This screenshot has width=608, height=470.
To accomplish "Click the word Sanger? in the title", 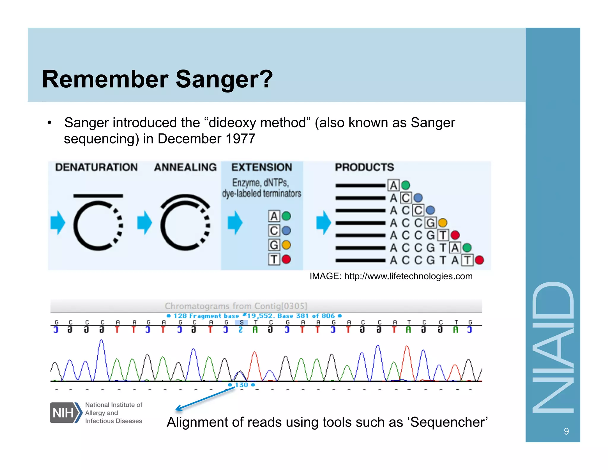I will point(224,79).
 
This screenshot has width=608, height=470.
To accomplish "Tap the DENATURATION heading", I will point(96,167).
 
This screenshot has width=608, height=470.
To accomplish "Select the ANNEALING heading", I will point(185,167).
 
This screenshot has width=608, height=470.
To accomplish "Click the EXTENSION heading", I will point(262,167).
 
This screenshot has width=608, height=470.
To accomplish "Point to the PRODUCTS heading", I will point(364,167).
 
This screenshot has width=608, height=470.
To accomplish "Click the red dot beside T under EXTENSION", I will point(286,259).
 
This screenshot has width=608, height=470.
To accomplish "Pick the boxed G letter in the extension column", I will point(274,245).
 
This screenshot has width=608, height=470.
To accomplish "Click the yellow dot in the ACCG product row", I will point(442,223).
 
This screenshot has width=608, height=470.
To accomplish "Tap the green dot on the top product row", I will point(406,185).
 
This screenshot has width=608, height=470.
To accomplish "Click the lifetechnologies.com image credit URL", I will point(408,276).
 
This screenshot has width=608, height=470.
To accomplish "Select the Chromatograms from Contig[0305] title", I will point(236,306).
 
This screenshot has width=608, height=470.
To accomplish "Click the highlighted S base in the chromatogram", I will point(241,322).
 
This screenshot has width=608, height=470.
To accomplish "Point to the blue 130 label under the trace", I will point(241,385).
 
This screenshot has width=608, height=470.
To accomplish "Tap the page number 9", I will point(566,431).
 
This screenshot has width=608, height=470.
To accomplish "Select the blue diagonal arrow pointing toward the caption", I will point(205,399).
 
